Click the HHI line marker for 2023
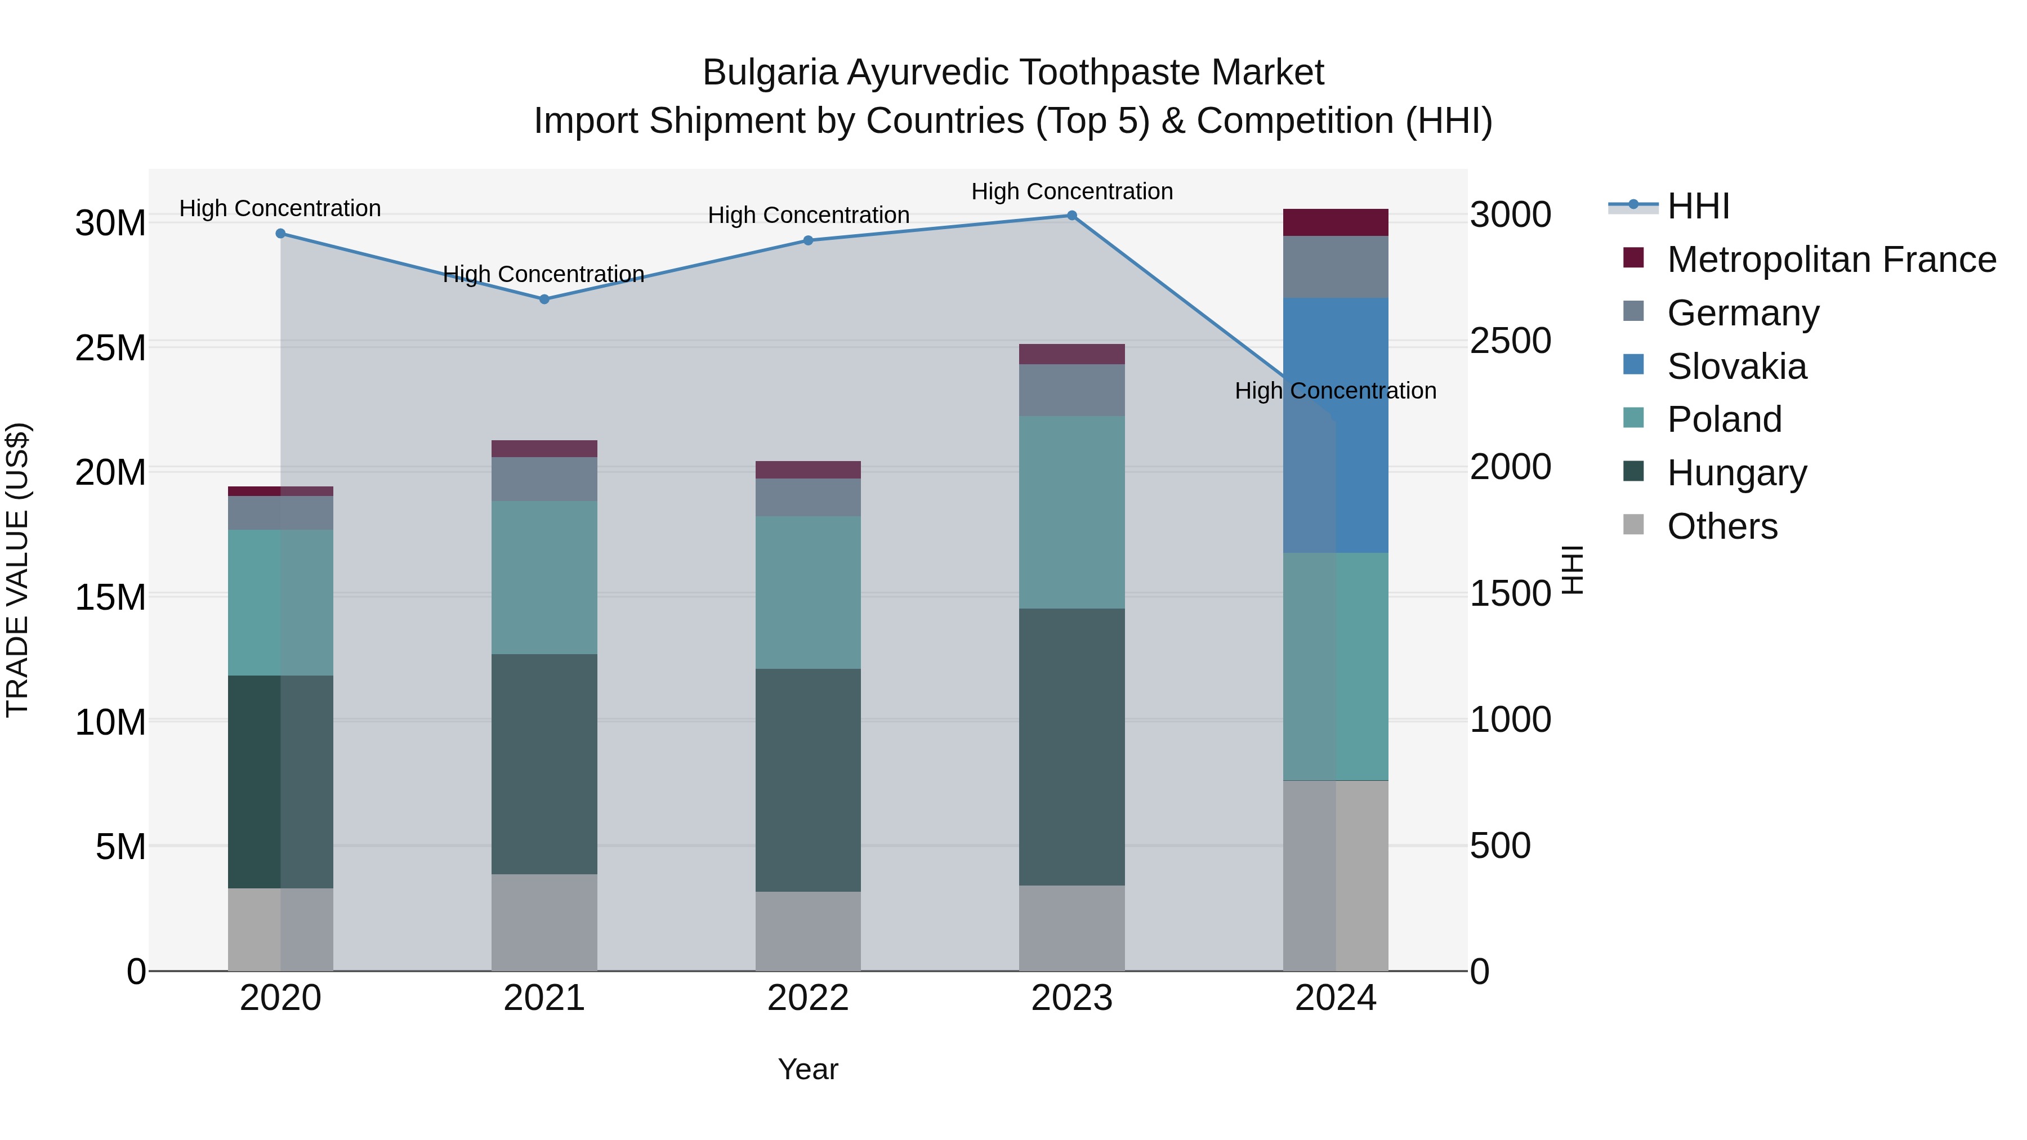pos(1071,216)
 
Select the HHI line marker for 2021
pos(544,299)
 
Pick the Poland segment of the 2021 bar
pos(544,578)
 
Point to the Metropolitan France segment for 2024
pos(1336,222)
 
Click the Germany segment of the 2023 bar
pos(1071,390)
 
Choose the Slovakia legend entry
pos(1736,366)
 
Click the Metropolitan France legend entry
pos(1831,260)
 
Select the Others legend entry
pos(1722,526)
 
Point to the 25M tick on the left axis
pos(111,348)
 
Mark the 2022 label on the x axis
pos(808,998)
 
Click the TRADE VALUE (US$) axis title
pos(17,570)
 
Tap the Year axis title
pos(808,1069)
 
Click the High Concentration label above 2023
pos(1071,191)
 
